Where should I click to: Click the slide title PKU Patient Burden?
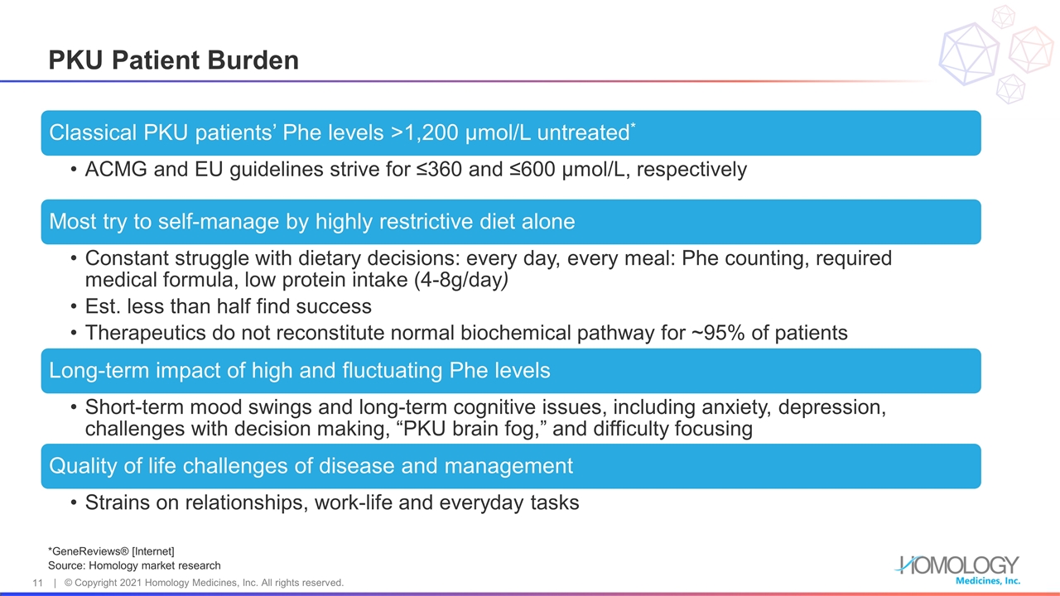[x=173, y=60]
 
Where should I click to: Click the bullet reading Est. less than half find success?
[x=228, y=307]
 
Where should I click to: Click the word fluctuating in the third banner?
[x=389, y=370]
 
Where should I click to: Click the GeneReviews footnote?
[x=112, y=551]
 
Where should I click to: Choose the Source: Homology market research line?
[x=134, y=565]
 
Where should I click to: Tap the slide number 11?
[x=37, y=583]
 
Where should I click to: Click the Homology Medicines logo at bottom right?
[x=958, y=569]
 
